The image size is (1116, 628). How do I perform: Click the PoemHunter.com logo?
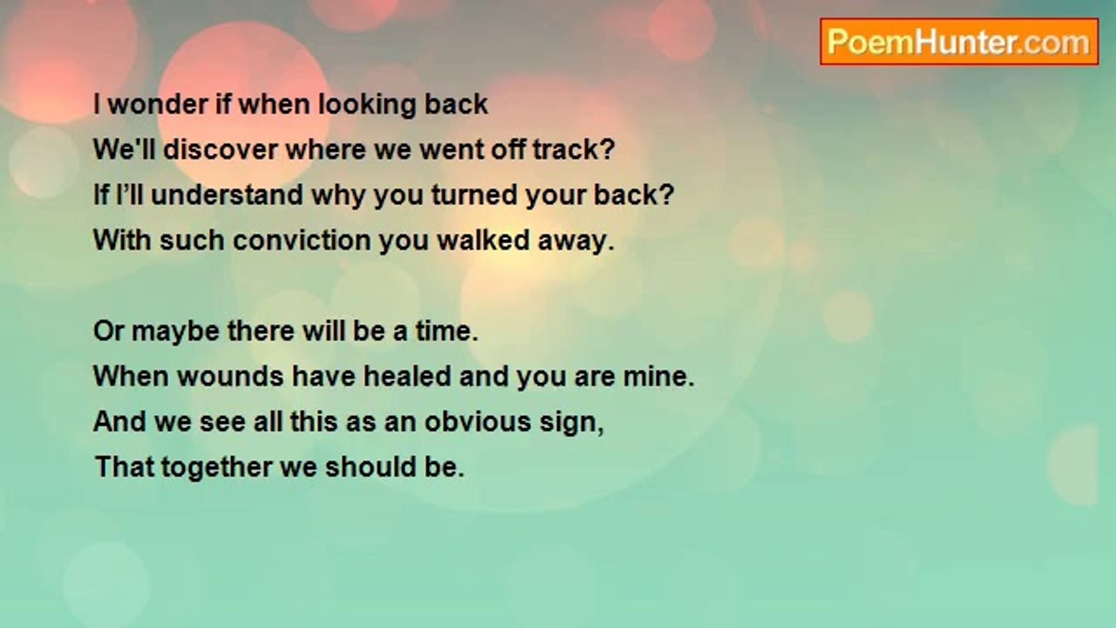coord(959,42)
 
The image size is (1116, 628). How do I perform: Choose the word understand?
coord(227,195)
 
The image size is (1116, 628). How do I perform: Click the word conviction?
coord(302,240)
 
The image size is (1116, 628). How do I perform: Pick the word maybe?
coord(175,332)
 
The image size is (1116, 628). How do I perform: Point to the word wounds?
coord(231,376)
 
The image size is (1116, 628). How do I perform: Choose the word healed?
coord(407,376)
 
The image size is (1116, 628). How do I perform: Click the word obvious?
coord(478,421)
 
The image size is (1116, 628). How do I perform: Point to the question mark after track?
coord(608,149)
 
